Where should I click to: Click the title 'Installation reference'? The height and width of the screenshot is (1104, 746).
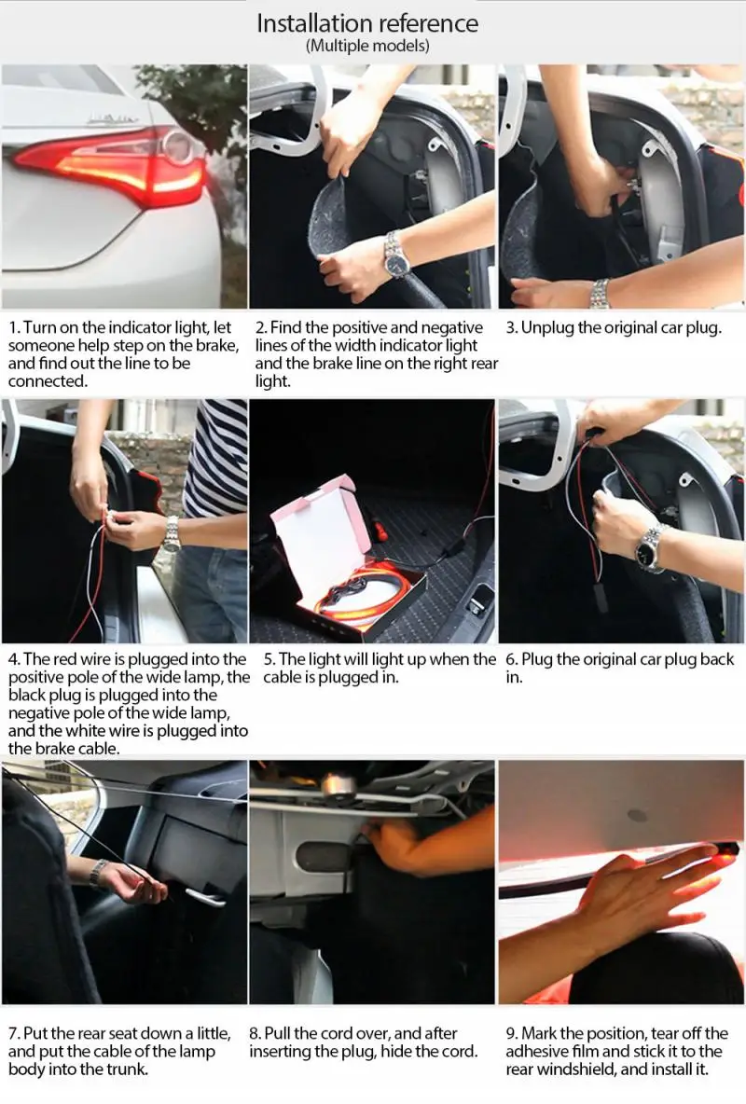367,23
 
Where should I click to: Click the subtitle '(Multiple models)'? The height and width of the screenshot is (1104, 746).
367,46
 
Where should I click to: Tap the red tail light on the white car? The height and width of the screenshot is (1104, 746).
113,166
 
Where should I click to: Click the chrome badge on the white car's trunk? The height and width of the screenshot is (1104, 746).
113,119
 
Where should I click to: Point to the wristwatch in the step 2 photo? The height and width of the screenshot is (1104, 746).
397,255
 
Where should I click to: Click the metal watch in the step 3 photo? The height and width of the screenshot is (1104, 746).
600,293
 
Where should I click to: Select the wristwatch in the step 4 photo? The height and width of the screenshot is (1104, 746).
172,533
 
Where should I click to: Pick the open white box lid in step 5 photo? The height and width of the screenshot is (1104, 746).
313,535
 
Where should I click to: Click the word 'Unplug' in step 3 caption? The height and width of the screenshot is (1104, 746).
546,328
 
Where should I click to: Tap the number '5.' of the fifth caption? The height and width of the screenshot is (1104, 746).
269,660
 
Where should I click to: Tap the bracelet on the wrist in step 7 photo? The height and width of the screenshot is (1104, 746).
98,873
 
